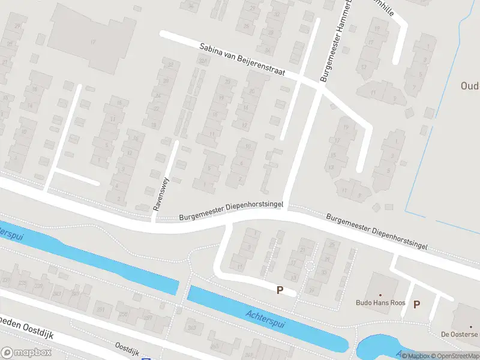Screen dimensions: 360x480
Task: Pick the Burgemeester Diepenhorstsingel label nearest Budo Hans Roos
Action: pos(377,230)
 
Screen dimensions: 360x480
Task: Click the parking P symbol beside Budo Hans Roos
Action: pos(416,304)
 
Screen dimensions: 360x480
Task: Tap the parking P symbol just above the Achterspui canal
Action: pos(280,290)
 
